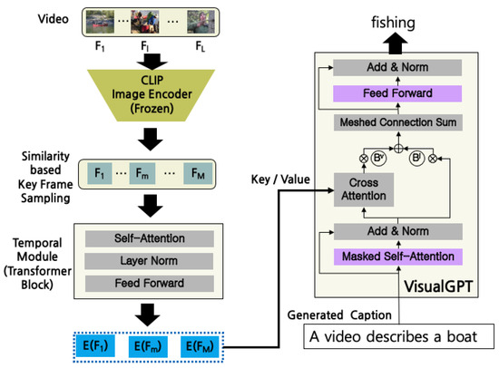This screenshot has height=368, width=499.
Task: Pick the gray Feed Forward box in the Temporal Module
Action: click(151, 282)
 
